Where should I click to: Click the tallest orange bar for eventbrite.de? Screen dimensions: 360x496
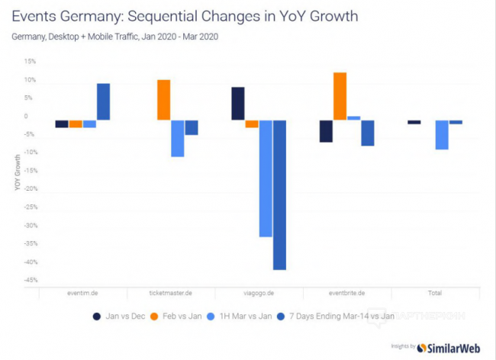pos(340,96)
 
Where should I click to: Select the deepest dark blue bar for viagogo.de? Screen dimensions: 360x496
pos(279,194)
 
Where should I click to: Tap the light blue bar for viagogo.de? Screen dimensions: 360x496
pos(266,178)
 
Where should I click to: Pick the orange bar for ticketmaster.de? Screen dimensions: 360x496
pos(163,100)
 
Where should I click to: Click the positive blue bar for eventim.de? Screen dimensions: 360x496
pos(103,101)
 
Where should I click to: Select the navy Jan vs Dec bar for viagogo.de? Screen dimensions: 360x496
pos(238,104)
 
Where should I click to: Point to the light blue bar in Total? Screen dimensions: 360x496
pos(442,134)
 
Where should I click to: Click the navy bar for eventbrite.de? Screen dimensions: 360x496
pos(326,131)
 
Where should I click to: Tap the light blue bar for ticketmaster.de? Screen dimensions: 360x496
pos(177,138)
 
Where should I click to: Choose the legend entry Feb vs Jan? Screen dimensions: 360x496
pos(179,316)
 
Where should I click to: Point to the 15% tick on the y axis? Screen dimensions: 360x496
pos(31,61)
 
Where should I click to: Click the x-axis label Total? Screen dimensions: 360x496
pos(435,293)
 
